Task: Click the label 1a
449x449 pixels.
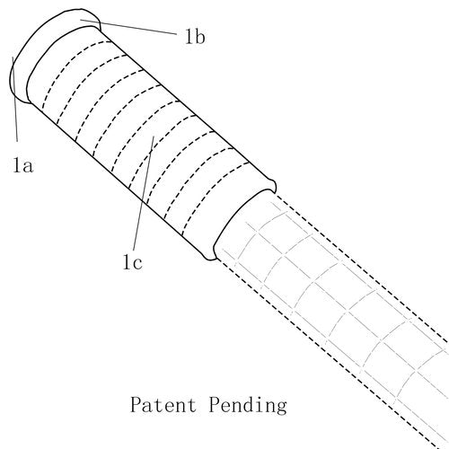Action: pyautogui.click(x=22, y=165)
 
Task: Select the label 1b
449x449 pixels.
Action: pyautogui.click(x=195, y=37)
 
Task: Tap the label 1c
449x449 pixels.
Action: pyautogui.click(x=133, y=262)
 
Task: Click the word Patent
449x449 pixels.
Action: pyautogui.click(x=163, y=405)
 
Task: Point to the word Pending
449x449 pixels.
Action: pyautogui.click(x=248, y=406)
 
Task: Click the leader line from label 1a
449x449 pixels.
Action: pyautogui.click(x=14, y=99)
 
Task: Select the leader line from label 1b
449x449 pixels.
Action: pyautogui.click(x=128, y=27)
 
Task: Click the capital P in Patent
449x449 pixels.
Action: pyautogui.click(x=136, y=404)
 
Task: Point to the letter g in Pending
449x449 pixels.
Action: pyautogui.click(x=281, y=408)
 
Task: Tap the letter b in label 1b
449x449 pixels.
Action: pyautogui.click(x=199, y=37)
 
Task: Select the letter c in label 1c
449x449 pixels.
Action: pyautogui.click(x=136, y=263)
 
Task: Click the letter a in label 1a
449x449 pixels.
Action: pyautogui.click(x=27, y=167)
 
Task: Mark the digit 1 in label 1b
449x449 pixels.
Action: pyautogui.click(x=189, y=38)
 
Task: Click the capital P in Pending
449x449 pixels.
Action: pyautogui.click(x=215, y=404)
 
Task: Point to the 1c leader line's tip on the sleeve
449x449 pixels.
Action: pyautogui.click(x=154, y=136)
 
